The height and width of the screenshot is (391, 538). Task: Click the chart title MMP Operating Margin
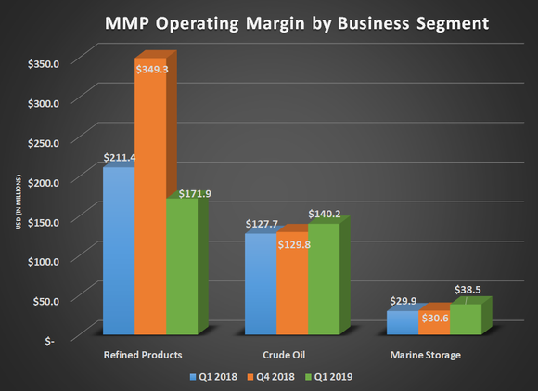(x=269, y=20)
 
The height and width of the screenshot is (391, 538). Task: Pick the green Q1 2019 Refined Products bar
(x=182, y=269)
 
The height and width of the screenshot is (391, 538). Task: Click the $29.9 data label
(x=402, y=302)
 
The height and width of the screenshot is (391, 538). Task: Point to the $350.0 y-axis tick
(x=43, y=63)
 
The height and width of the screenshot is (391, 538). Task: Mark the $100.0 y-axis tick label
(x=43, y=261)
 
